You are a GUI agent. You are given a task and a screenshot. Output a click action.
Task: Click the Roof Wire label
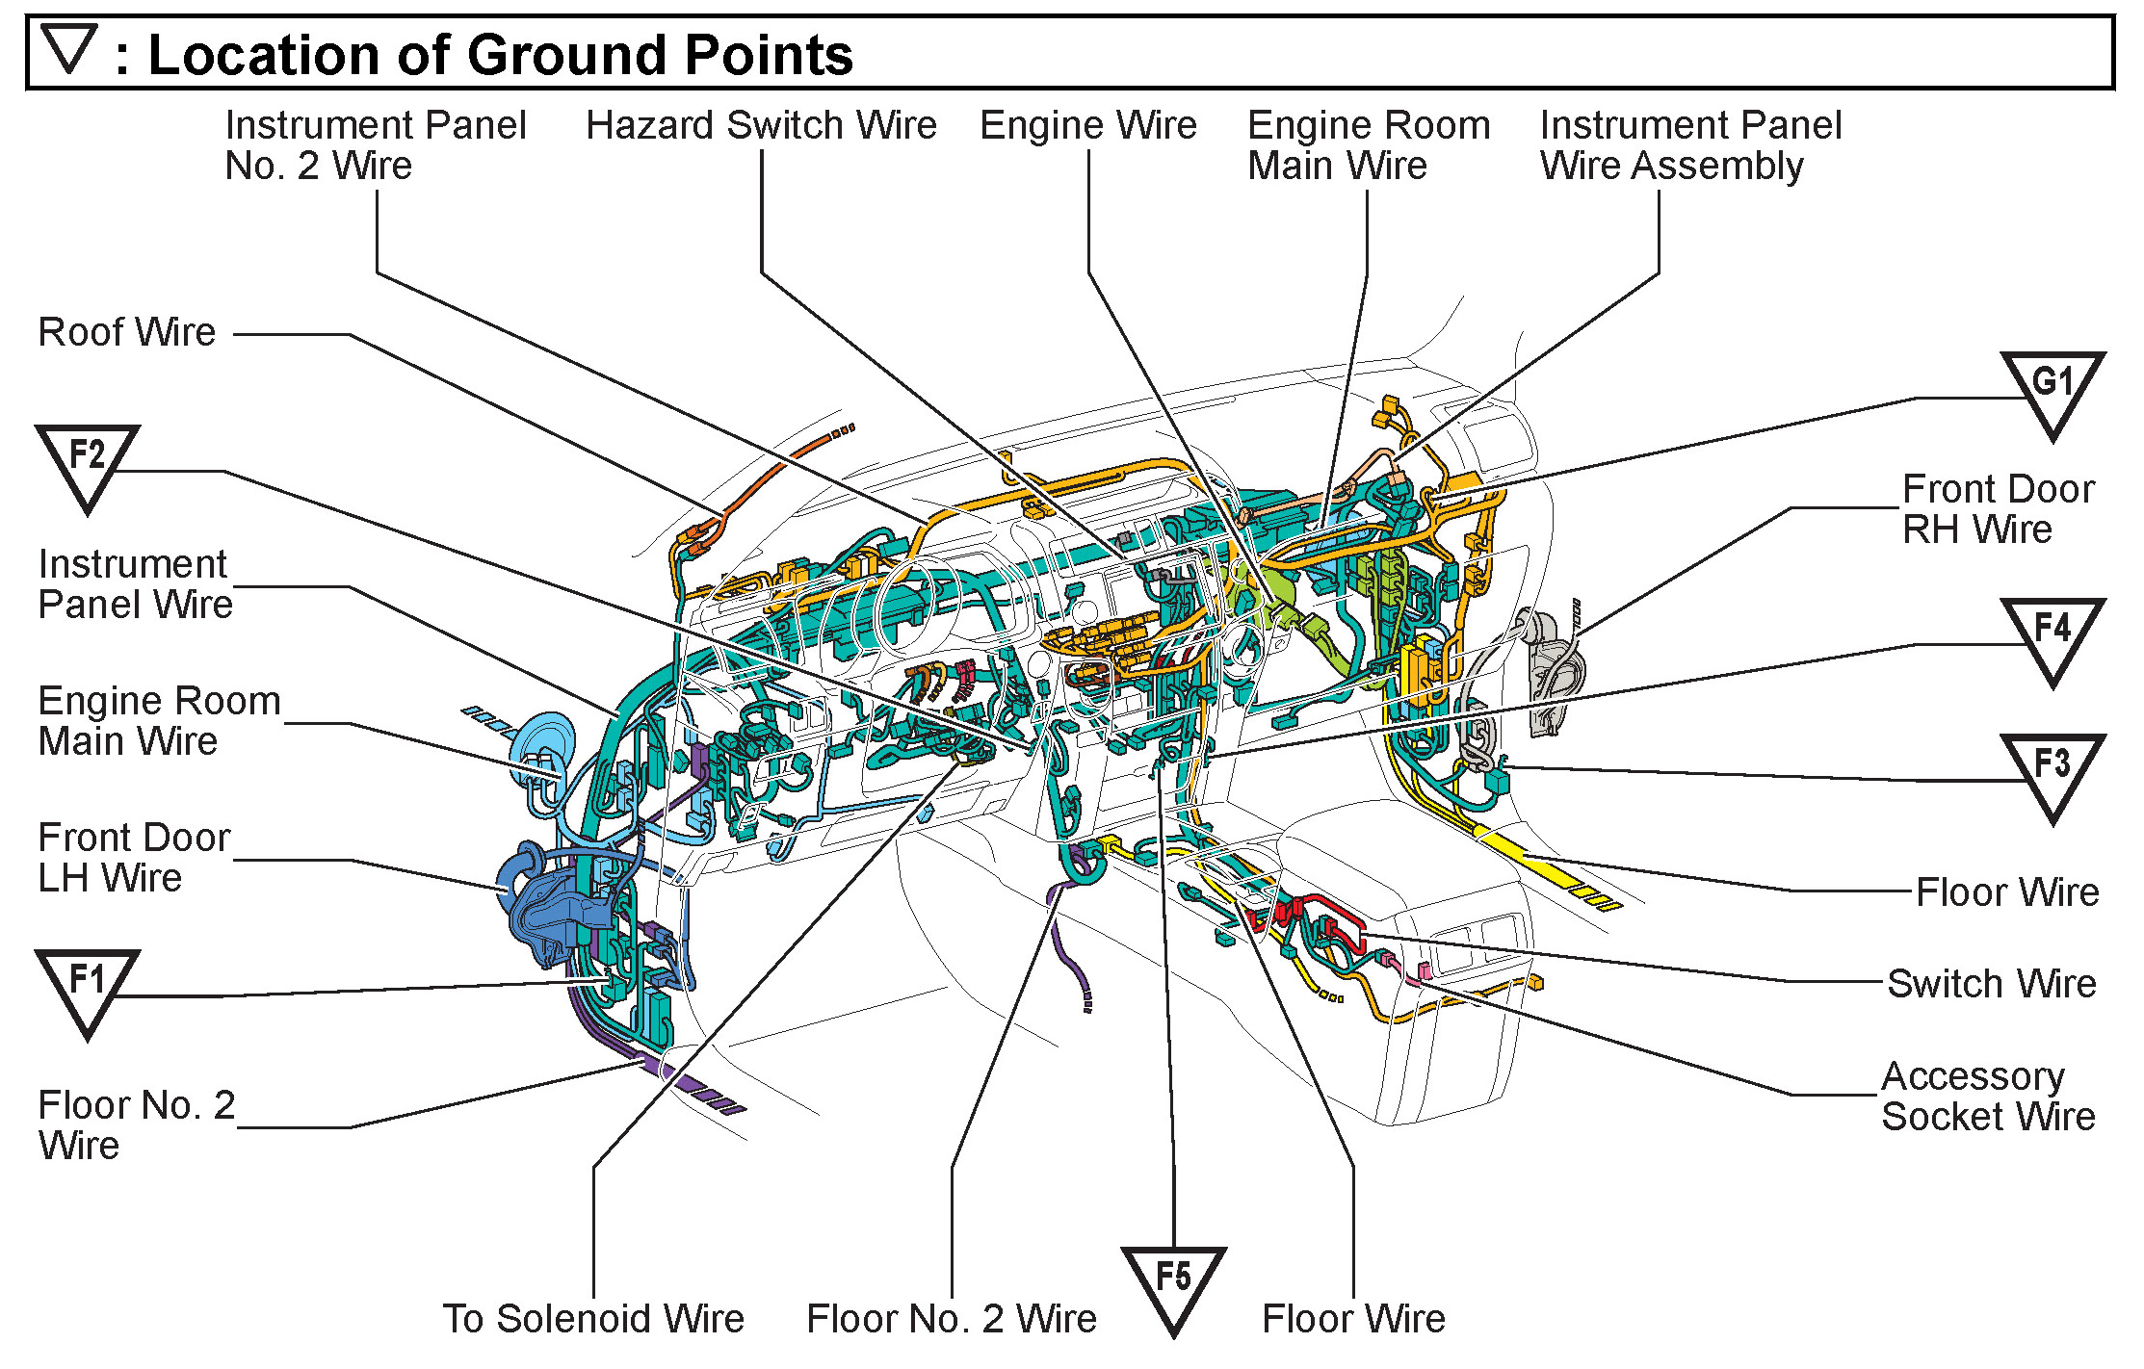[127, 332]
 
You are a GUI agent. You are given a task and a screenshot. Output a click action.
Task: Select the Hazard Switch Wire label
[761, 125]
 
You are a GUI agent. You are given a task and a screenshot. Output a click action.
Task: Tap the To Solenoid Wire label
[593, 1319]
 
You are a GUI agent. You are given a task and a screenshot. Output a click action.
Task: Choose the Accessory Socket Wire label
[1988, 1097]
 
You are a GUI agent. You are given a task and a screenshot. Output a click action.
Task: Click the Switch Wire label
[1991, 984]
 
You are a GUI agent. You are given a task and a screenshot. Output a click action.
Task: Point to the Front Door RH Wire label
[1999, 509]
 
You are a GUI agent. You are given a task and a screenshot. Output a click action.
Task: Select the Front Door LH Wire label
[134, 858]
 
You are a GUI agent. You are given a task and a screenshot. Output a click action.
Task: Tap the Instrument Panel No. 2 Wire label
[376, 145]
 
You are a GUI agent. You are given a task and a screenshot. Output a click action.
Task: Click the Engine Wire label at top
[1088, 125]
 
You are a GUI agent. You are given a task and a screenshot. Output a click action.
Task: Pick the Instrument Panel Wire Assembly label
[1690, 145]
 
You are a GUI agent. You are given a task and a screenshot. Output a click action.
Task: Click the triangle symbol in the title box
[70, 48]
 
